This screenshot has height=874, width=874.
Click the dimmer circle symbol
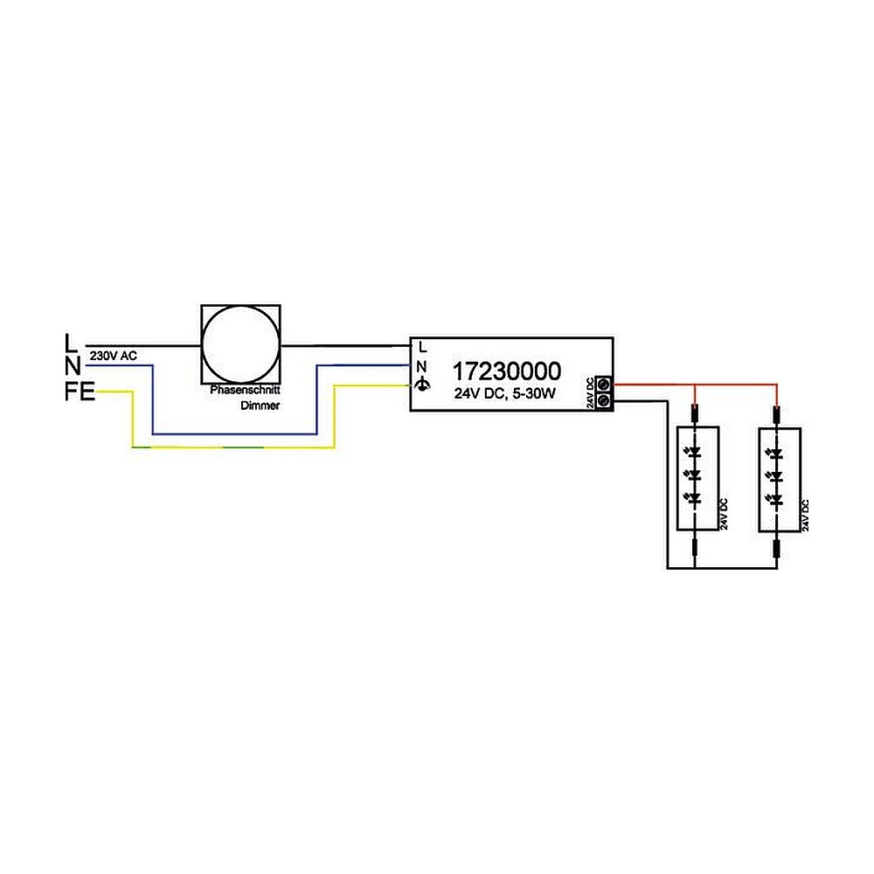point(241,345)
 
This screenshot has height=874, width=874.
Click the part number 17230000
point(506,371)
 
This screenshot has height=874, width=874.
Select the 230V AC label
point(113,356)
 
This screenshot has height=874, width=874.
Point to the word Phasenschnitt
point(245,392)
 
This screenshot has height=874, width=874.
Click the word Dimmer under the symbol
point(257,406)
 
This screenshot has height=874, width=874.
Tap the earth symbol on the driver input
point(423,385)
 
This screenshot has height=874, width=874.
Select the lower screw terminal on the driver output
point(602,400)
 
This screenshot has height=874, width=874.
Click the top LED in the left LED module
point(695,454)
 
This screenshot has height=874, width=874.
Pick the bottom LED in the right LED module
point(777,498)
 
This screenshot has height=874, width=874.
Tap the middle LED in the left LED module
point(695,475)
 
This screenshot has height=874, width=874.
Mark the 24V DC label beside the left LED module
point(723,515)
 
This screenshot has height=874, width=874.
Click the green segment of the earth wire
point(245,447)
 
